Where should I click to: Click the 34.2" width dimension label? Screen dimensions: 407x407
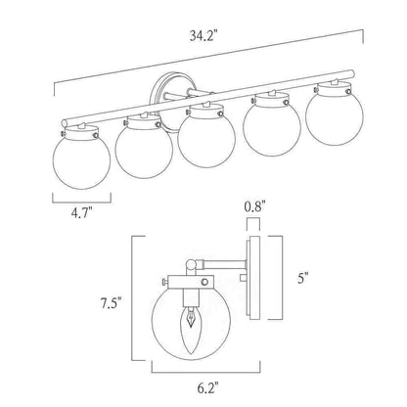point(203,36)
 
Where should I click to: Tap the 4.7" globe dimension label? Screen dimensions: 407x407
point(81,213)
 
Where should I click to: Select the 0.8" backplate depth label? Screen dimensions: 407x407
point(254,206)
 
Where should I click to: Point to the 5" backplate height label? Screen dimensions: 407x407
point(302,278)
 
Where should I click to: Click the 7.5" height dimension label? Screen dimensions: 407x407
point(111,303)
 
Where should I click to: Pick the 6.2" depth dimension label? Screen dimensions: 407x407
point(207,388)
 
